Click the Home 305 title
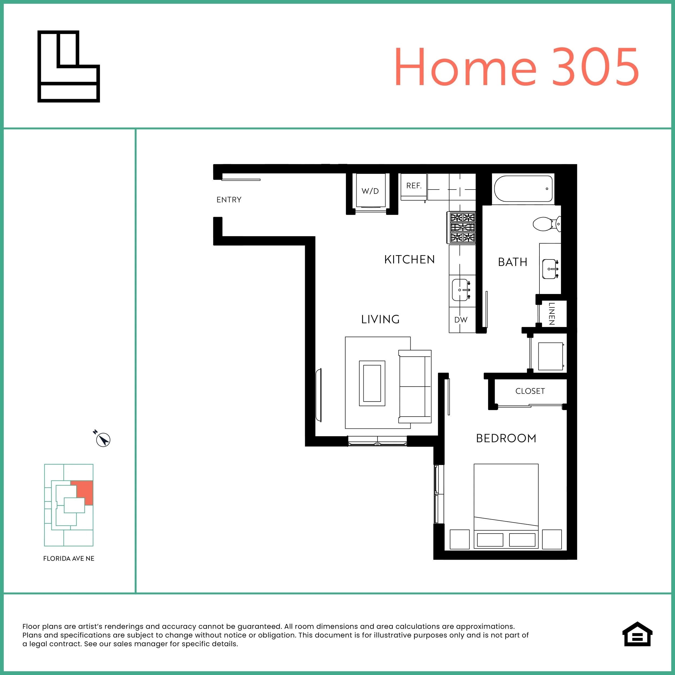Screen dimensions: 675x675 [x=517, y=67]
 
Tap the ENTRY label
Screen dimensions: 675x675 [x=229, y=200]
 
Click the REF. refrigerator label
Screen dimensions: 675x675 [x=414, y=186]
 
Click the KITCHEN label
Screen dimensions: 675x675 [x=410, y=259]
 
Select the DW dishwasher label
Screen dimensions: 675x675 [x=461, y=320]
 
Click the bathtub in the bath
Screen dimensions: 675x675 [x=523, y=189]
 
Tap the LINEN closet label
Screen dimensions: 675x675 [x=551, y=313]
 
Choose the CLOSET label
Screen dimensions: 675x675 [x=530, y=391]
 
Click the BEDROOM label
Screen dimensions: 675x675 [x=506, y=438]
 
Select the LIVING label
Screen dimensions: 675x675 [x=380, y=319]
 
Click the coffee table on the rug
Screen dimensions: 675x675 [x=372, y=383]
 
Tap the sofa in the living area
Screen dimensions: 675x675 [x=415, y=386]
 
